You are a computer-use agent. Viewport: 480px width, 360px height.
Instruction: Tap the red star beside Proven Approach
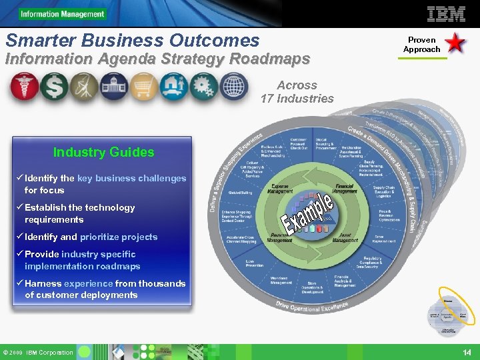(x=455, y=44)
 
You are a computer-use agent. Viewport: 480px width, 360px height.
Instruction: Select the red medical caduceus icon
(x=23, y=87)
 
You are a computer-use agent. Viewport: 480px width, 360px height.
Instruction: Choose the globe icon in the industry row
(x=233, y=87)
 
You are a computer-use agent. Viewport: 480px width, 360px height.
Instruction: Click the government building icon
(x=113, y=87)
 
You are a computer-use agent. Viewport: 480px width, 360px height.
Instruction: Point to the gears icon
(x=203, y=87)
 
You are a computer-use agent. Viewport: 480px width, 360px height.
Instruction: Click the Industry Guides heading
(x=103, y=152)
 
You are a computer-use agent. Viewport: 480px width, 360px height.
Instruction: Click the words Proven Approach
(x=421, y=45)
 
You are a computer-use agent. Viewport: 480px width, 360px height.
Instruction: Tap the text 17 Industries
(x=297, y=99)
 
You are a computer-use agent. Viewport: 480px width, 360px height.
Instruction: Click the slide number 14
(x=467, y=352)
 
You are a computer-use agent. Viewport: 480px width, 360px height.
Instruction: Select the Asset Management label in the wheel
(x=345, y=238)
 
